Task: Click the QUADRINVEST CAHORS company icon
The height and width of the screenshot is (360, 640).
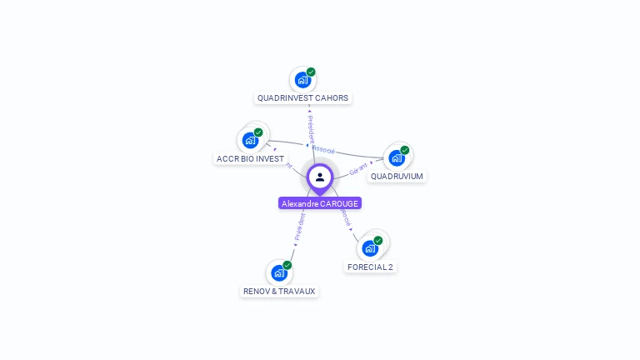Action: [302, 81]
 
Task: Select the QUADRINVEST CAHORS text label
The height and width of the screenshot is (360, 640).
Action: [302, 98]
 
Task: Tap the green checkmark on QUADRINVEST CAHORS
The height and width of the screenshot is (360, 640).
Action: [311, 72]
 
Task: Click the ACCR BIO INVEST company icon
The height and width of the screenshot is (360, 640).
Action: [249, 141]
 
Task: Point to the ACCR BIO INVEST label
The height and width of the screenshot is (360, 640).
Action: [250, 159]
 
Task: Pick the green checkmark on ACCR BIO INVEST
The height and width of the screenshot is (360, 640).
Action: [258, 132]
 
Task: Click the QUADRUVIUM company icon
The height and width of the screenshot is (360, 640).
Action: [397, 158]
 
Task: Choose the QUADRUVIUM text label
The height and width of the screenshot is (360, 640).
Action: [397, 177]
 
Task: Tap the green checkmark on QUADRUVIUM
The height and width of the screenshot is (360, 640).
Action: [405, 150]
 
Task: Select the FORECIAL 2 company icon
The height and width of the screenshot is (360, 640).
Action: [370, 248]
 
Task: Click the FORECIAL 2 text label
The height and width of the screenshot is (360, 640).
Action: [370, 267]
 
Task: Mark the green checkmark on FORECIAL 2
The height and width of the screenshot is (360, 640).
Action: [378, 240]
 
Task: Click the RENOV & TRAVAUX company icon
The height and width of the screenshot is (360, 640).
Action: [279, 273]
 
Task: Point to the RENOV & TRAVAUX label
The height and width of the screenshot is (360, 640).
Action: [279, 292]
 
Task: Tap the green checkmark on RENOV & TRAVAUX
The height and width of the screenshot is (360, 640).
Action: [287, 265]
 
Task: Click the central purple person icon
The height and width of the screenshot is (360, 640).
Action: [320, 177]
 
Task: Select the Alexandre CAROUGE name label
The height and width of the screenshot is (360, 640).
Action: [320, 203]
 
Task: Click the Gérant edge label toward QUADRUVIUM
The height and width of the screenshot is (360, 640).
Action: [358, 168]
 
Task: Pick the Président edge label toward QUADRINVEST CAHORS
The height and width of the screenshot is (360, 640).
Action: [310, 124]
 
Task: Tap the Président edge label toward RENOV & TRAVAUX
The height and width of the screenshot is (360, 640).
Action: [299, 226]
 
